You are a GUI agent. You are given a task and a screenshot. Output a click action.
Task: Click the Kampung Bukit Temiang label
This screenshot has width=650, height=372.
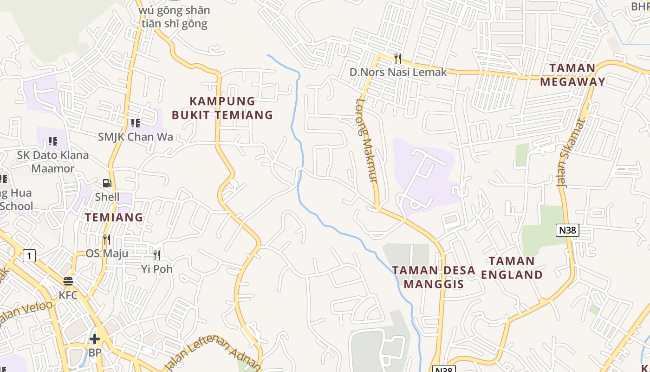pyautogui.click(x=222, y=108)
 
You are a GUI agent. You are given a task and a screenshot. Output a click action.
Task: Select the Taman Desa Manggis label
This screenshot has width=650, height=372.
pyautogui.click(x=434, y=277)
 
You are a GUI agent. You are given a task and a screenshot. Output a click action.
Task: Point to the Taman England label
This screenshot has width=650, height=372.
pyautogui.click(x=512, y=268)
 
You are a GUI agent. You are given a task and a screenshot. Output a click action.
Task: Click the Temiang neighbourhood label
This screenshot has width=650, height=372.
pyautogui.click(x=114, y=217)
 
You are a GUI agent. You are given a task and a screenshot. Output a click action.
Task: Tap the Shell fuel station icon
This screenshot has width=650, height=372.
pyautogui.click(x=107, y=183)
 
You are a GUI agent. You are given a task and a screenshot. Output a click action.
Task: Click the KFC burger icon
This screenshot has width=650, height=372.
pyautogui.click(x=68, y=281)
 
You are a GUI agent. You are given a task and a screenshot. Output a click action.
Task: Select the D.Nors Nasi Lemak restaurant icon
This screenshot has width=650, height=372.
pyautogui.click(x=397, y=58)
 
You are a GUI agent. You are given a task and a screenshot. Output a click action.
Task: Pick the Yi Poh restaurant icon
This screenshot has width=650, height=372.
pyautogui.click(x=157, y=255)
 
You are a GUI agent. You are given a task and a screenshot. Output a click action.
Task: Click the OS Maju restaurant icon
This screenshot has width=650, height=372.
pyautogui.click(x=107, y=239)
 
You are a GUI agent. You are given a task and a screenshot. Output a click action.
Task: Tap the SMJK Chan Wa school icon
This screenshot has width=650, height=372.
pyautogui.click(x=135, y=123)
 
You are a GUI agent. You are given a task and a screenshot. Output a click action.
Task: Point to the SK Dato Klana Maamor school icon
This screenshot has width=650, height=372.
pyautogui.click(x=53, y=141)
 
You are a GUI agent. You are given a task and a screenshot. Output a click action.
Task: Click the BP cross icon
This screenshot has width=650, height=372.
pyautogui.click(x=95, y=339)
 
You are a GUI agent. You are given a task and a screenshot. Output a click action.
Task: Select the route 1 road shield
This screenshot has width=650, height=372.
pyautogui.click(x=29, y=255)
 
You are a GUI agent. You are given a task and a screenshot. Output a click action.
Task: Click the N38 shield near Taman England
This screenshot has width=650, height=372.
pyautogui.click(x=567, y=230)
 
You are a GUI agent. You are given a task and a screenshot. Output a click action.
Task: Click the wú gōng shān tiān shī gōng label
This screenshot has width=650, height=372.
pyautogui.click(x=174, y=17)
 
